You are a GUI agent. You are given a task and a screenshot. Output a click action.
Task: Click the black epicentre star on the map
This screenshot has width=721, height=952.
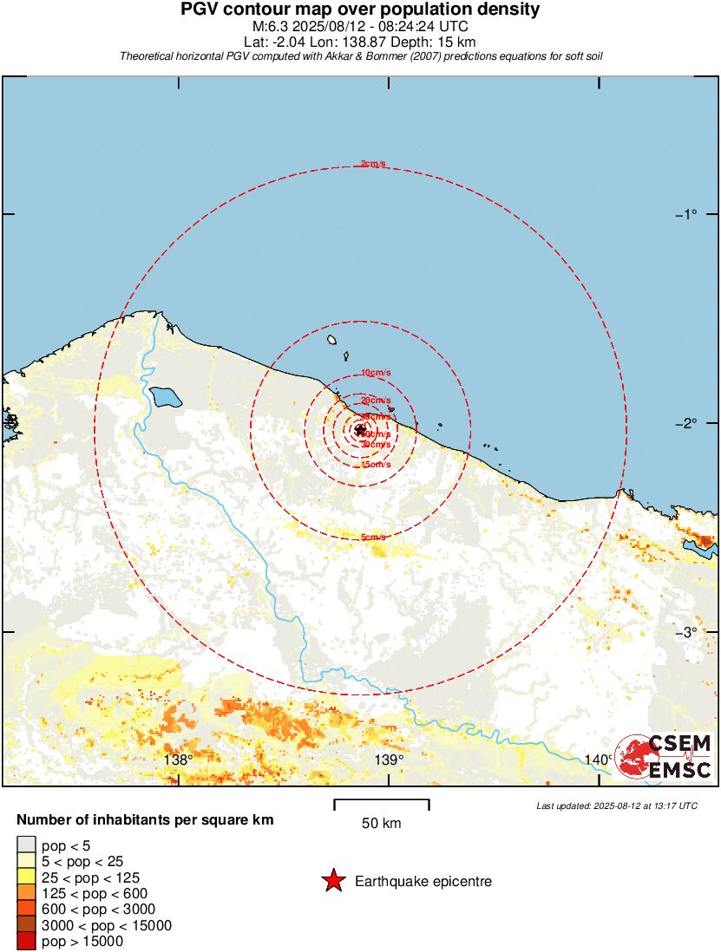click(360, 429)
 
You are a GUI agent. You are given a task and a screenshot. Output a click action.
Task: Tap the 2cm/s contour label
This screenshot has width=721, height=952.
click(374, 164)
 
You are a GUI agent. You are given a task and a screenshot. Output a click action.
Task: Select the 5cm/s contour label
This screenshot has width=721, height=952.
click(374, 538)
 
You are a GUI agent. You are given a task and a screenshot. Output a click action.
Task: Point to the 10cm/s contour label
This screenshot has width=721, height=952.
click(376, 373)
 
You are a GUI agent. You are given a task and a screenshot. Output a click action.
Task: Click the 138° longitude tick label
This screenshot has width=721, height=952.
click(178, 760)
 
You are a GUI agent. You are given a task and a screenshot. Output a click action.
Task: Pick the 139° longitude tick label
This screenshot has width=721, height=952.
click(389, 760)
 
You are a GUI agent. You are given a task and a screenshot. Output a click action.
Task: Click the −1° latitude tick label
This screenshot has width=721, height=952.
click(685, 214)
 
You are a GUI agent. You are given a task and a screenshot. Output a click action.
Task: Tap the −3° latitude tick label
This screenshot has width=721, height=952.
click(685, 632)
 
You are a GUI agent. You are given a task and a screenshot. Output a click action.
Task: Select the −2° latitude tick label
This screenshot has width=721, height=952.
click(685, 423)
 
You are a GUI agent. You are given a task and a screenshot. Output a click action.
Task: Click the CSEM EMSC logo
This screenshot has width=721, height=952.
click(664, 757)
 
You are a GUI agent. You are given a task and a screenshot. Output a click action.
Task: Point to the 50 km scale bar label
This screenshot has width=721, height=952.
click(381, 824)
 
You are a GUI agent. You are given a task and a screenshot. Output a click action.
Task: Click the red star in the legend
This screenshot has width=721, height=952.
click(333, 882)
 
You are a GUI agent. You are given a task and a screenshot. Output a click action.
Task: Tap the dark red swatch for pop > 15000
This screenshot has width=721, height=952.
click(26, 941)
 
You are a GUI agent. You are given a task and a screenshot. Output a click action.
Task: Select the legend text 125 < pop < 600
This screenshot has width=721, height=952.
click(94, 893)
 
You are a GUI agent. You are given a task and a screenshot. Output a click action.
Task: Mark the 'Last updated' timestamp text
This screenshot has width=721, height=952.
click(617, 805)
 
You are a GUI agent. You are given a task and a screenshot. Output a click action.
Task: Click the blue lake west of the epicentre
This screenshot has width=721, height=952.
click(165, 397)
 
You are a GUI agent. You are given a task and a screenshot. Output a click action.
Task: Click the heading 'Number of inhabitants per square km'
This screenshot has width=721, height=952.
click(146, 819)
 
